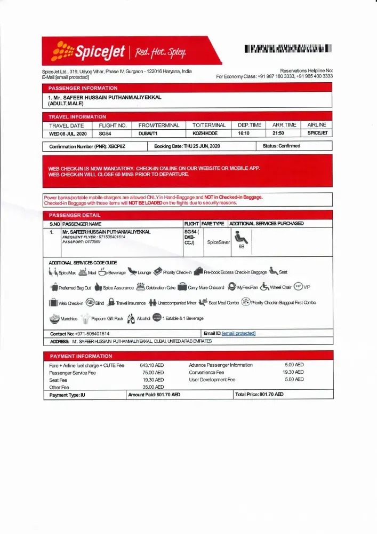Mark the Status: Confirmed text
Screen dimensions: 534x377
(281, 146)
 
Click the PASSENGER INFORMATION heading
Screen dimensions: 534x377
(83, 88)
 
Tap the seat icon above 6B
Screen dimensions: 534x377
(241, 237)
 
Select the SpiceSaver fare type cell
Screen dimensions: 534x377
(218, 242)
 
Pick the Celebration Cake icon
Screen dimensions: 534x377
(141, 287)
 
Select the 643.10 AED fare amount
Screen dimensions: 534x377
(151, 365)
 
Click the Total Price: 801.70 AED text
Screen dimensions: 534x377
(259, 395)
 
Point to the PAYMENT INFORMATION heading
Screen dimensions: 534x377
(81, 356)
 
